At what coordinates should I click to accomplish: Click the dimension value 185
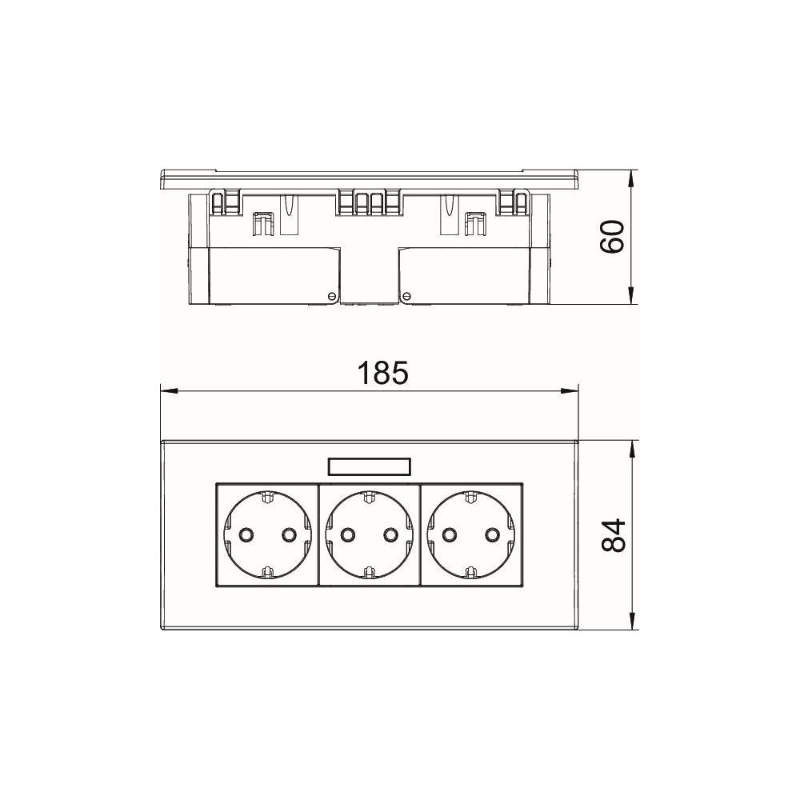(x=382, y=373)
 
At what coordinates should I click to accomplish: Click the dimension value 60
(x=612, y=237)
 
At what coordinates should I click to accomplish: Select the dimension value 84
(x=614, y=535)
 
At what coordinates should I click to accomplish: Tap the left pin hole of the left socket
(x=246, y=534)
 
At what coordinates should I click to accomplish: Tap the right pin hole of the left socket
(x=289, y=534)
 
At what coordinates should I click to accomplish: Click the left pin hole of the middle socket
(x=347, y=534)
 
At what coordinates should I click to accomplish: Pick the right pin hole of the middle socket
(x=390, y=534)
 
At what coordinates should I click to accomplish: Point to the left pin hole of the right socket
(x=449, y=534)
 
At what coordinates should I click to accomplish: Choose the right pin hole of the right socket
(x=492, y=534)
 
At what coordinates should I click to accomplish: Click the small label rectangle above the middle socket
(x=368, y=467)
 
